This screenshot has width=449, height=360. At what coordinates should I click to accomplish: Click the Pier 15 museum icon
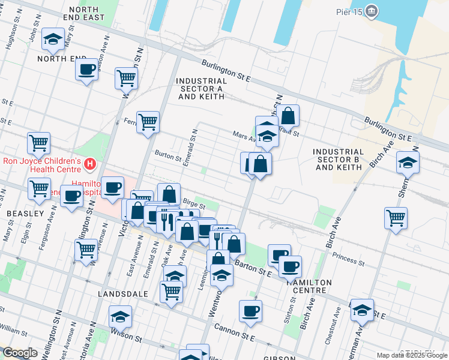coord(372,11)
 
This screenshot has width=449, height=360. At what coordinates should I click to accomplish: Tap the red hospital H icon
coord(90,163)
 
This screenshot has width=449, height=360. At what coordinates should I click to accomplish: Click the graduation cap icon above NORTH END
coord(53,39)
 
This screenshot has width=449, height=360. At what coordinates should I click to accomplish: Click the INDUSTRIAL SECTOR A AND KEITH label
coord(201,88)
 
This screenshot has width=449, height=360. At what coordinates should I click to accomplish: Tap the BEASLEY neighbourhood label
coord(25,213)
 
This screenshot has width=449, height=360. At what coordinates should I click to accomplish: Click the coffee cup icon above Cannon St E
coord(250,310)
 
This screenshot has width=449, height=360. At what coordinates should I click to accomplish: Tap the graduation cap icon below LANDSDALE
coord(120,316)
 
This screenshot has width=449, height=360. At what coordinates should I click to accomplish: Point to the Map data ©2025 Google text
coord(412,355)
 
